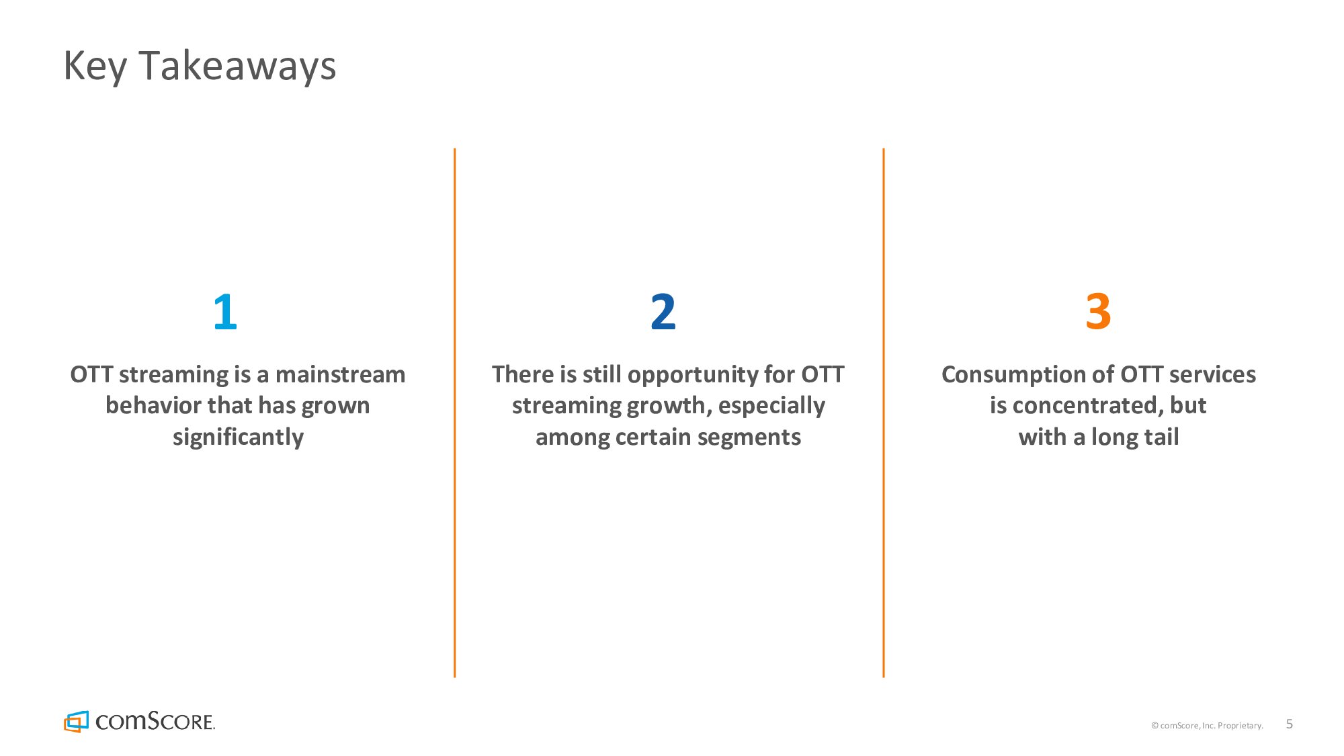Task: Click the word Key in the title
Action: (95, 67)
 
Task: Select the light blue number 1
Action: (225, 312)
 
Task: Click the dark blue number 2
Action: (663, 312)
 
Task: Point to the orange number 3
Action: (1098, 312)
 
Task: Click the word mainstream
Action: (340, 374)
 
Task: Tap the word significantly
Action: (238, 437)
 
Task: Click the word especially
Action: (771, 406)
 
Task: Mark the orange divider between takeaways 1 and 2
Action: (455, 413)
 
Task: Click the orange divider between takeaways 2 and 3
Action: (884, 413)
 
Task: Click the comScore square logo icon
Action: (76, 722)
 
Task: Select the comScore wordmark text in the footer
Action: (155, 722)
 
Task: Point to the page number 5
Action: (1289, 724)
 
